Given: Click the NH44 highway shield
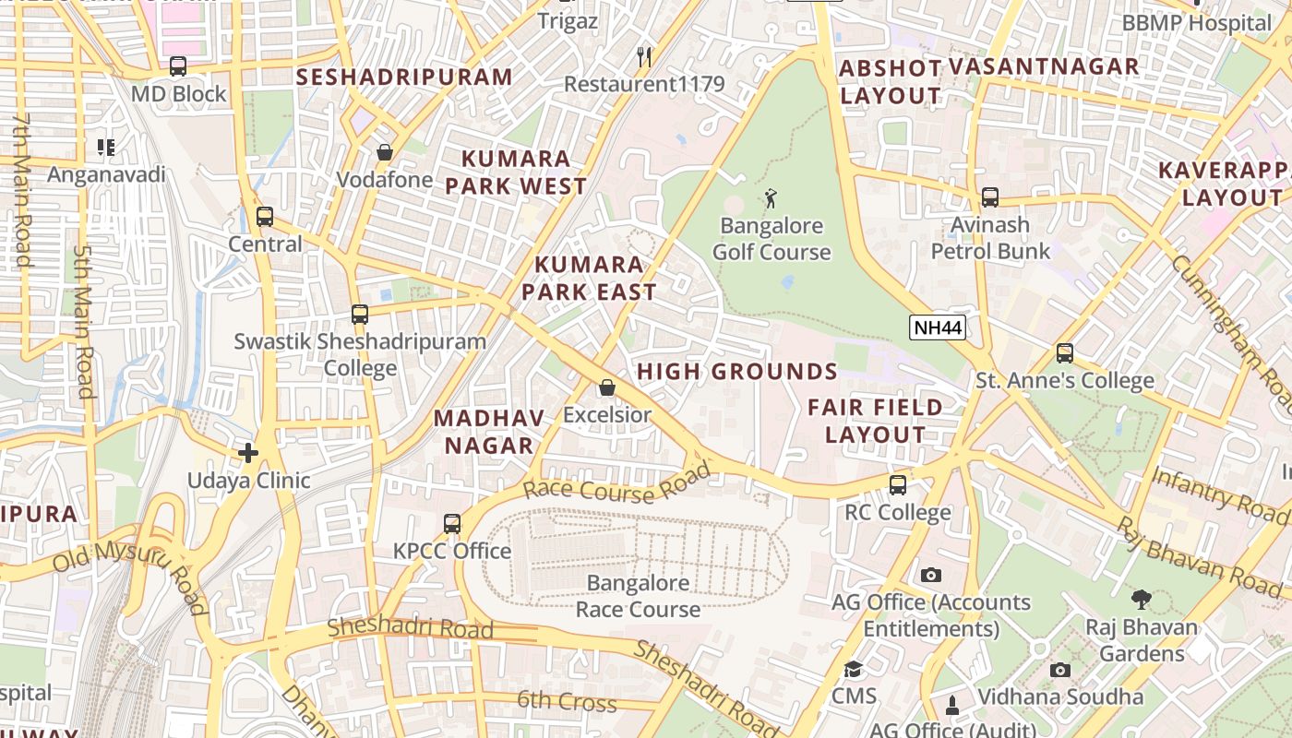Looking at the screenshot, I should click(937, 327).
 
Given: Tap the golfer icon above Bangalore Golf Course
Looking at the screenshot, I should click(771, 197).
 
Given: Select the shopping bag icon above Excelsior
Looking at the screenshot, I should click(607, 388).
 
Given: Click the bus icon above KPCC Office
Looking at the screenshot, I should click(452, 524).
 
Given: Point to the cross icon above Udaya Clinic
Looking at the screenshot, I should click(248, 453).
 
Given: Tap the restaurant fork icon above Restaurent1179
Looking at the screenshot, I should click(645, 57).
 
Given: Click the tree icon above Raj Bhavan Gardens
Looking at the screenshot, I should click(1142, 600).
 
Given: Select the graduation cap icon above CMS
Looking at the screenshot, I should click(854, 669).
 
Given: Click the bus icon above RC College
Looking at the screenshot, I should click(898, 485).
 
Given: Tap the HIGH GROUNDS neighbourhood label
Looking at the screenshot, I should click(737, 372).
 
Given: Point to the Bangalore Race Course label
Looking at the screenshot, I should click(639, 596).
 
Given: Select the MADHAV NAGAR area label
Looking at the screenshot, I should click(489, 432).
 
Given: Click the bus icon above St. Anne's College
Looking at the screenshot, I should click(1065, 353).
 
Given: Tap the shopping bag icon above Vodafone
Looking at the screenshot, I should click(385, 152).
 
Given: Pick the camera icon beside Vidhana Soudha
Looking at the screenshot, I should click(1060, 671).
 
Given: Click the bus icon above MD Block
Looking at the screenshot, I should click(178, 66).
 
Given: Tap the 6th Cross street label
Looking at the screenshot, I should click(567, 701).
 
